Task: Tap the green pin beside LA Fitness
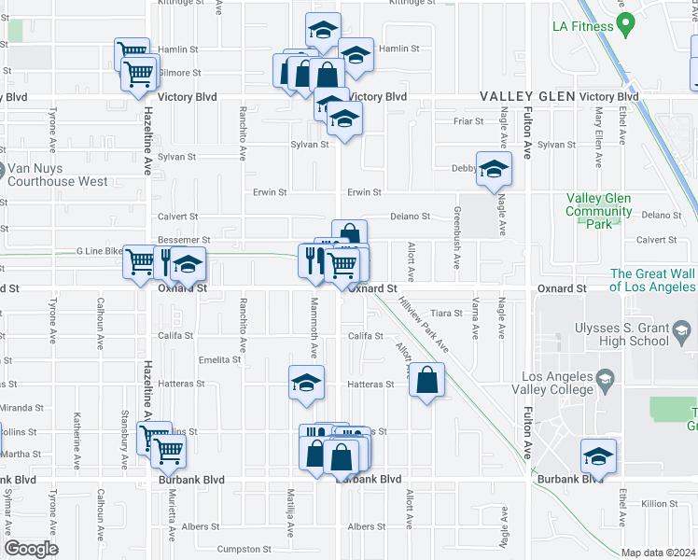tap(625, 21)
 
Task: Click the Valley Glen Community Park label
tap(598, 211)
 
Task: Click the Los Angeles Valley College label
tap(572, 394)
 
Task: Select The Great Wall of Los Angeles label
tap(653, 280)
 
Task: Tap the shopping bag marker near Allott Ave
tap(426, 380)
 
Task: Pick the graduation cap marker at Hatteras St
tap(305, 384)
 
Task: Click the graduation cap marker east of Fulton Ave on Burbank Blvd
tap(598, 456)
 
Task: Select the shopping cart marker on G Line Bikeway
tap(141, 262)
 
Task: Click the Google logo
tap(31, 549)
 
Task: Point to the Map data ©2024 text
tap(659, 553)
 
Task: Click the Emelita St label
tap(219, 359)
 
